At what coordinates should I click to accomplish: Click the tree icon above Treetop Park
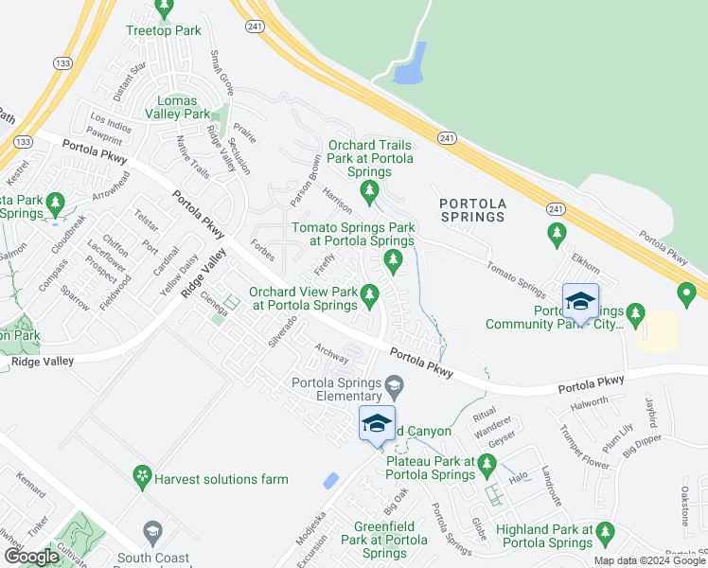point(165,9)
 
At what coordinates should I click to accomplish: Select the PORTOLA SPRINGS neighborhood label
point(472,210)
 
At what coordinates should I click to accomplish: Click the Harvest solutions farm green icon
point(142,473)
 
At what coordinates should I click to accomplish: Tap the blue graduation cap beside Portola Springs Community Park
point(580,301)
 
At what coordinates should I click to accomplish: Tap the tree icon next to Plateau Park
point(487,463)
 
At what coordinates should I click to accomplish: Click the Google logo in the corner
point(31,557)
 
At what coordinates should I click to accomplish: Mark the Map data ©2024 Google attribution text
point(649,560)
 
